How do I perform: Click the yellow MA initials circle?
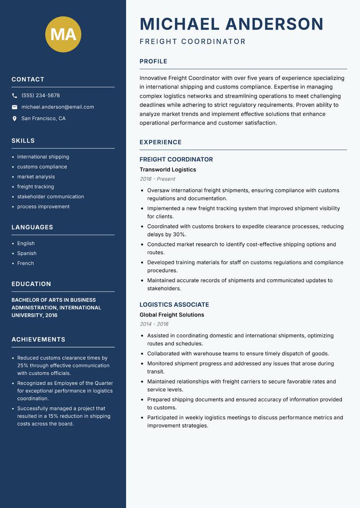63,34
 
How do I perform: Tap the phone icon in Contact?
14,96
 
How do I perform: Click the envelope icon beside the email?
14,107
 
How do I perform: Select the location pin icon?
14,119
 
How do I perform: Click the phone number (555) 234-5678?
40,96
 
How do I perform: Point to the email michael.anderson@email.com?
58,107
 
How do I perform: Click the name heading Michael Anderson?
231,24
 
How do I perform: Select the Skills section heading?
23,141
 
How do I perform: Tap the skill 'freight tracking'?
36,187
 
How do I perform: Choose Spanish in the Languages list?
27,253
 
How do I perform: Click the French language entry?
25,263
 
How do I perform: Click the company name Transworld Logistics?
167,169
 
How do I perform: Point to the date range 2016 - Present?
157,179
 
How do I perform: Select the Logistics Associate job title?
174,304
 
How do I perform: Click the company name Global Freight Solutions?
171,315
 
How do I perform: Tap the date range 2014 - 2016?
154,324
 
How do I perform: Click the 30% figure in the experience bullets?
179,235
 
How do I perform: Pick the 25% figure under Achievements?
23,365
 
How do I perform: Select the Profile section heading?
153,62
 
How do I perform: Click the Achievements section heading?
38,339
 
